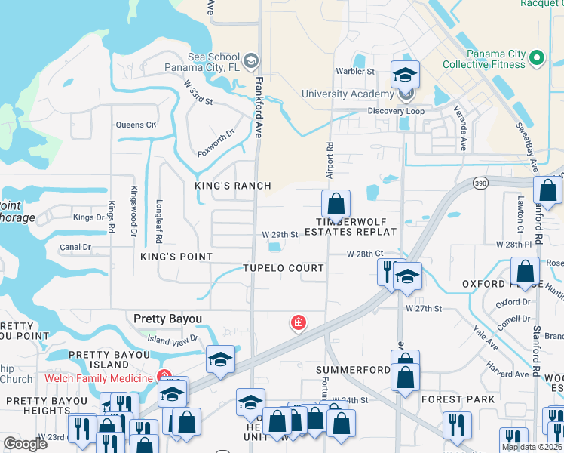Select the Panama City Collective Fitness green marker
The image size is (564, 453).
[x=537, y=58]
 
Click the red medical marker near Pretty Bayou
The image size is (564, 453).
[x=299, y=323]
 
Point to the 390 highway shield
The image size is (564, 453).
[x=480, y=183]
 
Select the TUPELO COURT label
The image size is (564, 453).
[x=284, y=269]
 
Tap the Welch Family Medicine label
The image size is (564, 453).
[x=99, y=377]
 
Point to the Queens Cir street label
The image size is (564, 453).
[x=135, y=125]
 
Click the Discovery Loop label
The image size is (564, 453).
[x=396, y=112]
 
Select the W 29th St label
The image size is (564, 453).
[x=280, y=235]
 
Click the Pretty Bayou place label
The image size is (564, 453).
[x=167, y=319]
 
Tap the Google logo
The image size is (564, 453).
[x=26, y=444]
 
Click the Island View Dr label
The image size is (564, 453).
[x=173, y=340]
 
